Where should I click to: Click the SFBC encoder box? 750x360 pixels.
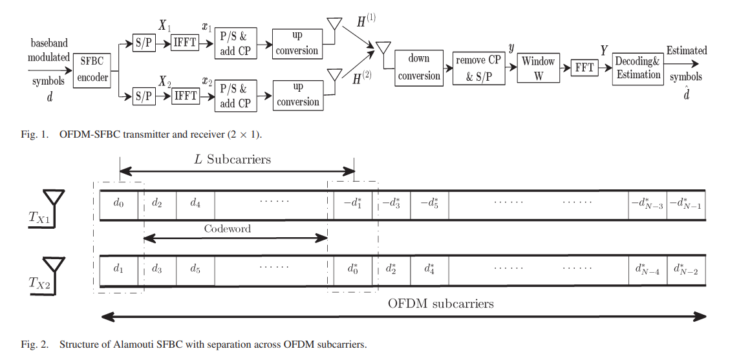[94, 71]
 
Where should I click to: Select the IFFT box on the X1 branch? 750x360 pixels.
[186, 43]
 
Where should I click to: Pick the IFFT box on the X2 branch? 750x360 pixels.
[186, 96]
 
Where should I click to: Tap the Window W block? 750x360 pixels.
[538, 68]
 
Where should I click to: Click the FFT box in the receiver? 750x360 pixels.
[584, 68]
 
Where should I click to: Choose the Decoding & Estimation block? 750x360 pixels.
[638, 68]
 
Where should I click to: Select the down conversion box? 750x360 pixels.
[419, 67]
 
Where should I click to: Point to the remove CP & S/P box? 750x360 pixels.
[478, 67]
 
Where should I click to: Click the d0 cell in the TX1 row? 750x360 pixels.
[118, 204]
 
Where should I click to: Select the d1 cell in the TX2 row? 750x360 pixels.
[118, 269]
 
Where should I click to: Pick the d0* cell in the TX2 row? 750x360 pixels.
[352, 269]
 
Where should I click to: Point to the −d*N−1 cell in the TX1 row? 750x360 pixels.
[685, 204]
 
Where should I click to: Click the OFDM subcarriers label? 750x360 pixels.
[441, 304]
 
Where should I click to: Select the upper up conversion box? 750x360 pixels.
[297, 43]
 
